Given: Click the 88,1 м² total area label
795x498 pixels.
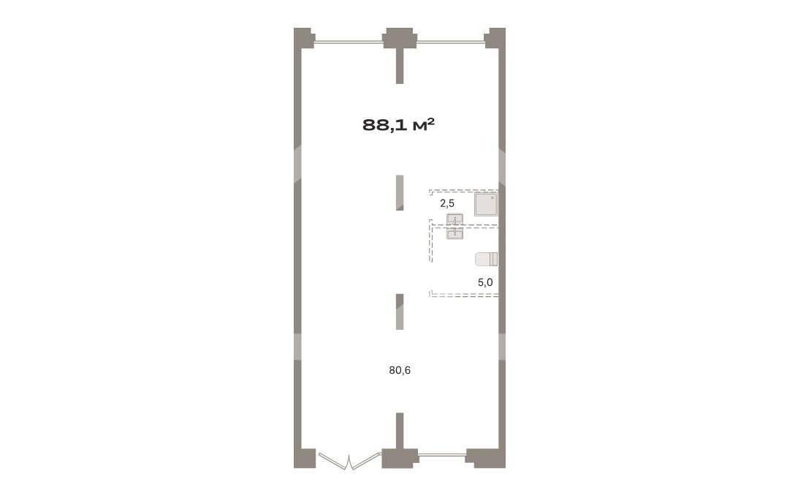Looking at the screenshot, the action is tap(398, 124).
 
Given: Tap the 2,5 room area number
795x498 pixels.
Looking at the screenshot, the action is tap(447, 203).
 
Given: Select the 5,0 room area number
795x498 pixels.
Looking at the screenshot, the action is tap(485, 282).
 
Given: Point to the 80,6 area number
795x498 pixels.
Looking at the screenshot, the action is tap(400, 371).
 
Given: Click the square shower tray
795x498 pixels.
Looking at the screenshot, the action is tap(486, 204).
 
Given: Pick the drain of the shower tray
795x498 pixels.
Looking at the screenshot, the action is tap(492, 198).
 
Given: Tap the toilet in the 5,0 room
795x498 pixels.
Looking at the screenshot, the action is tap(486, 260).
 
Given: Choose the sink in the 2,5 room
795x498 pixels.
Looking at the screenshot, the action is tap(454, 219).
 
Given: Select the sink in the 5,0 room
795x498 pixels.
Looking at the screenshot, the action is tap(454, 233).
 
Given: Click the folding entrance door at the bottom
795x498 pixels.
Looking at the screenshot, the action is tap(349, 461).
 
